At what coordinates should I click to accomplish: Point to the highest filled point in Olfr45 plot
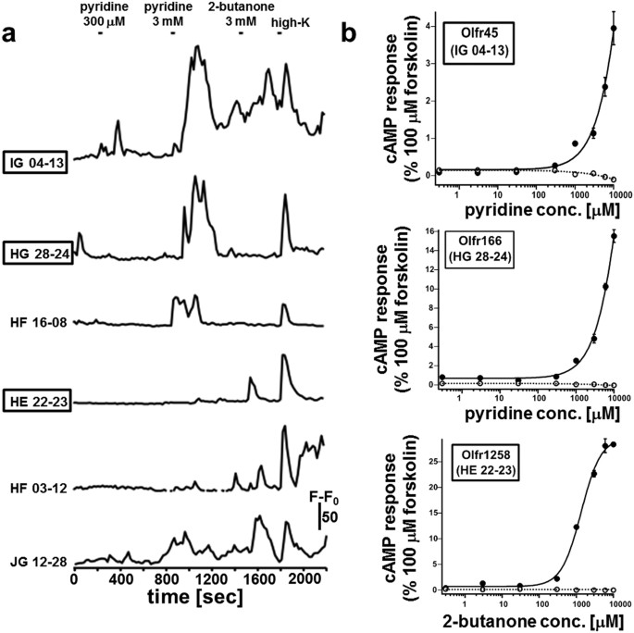613,28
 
